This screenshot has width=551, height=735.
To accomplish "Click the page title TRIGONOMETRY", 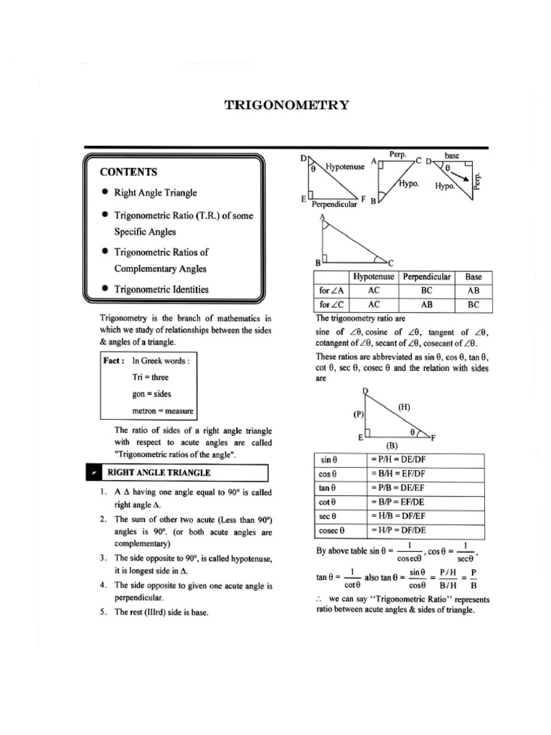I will (x=287, y=106).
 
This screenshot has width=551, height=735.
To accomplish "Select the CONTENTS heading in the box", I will (x=128, y=172).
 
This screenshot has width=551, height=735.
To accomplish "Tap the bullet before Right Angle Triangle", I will (x=105, y=192).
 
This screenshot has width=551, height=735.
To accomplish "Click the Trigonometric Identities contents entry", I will (x=161, y=289).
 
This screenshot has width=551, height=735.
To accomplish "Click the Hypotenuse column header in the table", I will (x=374, y=277).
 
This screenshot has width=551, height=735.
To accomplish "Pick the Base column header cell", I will (x=474, y=277).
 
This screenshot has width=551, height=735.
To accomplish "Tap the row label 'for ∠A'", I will (x=331, y=291).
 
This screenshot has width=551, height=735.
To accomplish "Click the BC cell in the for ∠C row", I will (x=474, y=304).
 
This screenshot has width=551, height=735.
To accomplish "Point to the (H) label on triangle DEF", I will (x=404, y=407).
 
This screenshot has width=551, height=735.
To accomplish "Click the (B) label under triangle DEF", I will (x=392, y=444).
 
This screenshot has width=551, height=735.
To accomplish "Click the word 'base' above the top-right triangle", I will (x=452, y=155).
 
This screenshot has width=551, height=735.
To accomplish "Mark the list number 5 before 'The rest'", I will (x=103, y=612).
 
